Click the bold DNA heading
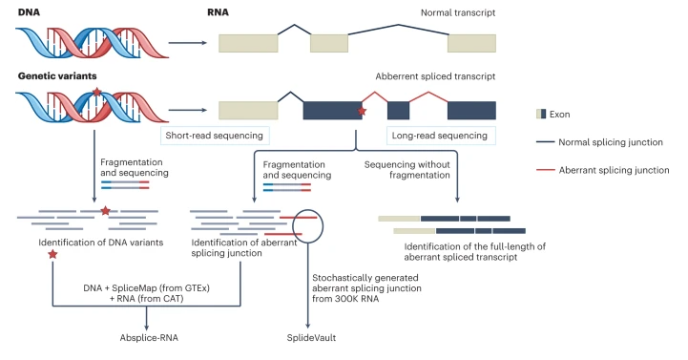coord(30,11)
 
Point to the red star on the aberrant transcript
coord(362,113)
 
